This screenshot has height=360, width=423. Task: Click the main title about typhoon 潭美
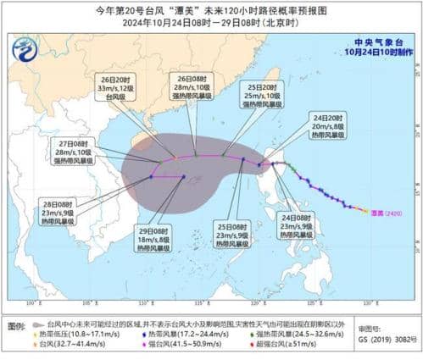point(211,9)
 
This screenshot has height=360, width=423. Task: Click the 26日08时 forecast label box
point(192,86)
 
